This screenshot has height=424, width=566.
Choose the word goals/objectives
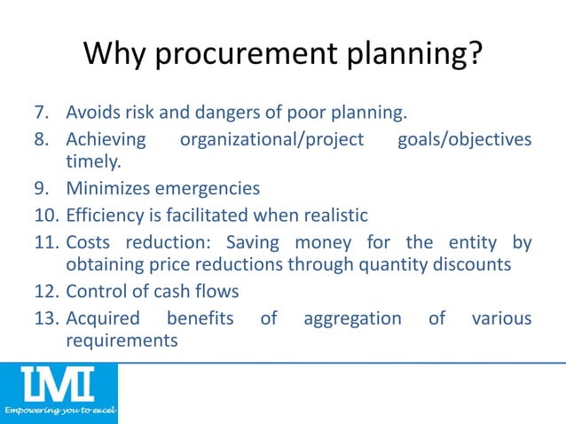pyautogui.click(x=465, y=140)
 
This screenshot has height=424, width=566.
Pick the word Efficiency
pyautogui.click(x=105, y=214)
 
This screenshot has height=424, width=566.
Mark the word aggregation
pyautogui.click(x=352, y=317)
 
